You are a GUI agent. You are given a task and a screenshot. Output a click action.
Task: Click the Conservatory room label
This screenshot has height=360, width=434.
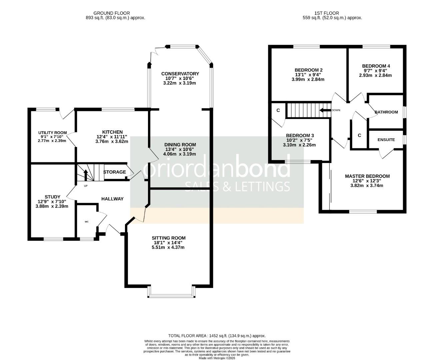point(180,74)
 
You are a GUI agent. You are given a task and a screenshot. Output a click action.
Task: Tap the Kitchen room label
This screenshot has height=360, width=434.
point(112,132)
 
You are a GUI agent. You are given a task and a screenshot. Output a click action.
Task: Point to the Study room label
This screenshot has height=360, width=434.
point(52,197)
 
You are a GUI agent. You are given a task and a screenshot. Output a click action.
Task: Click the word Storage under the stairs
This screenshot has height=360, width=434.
point(114,172)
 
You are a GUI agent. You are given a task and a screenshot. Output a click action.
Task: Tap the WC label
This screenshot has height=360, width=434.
point(87,221)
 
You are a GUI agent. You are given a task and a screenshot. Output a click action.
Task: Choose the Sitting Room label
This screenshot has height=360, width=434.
point(169,238)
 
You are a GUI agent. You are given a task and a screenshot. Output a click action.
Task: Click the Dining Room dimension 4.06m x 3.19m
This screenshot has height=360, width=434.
point(180,154)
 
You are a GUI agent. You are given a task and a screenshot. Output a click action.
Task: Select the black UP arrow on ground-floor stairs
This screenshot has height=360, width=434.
point(85,175)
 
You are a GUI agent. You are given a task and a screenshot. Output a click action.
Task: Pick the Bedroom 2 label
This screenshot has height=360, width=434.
point(308,70)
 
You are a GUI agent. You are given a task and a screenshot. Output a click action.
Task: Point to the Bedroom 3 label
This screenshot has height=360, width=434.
point(300,135)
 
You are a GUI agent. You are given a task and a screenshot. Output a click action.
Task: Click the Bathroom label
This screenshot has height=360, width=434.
point(386,112)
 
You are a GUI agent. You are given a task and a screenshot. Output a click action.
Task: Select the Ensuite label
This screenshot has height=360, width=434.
point(386,140)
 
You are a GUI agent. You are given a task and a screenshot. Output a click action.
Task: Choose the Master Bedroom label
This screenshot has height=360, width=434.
point(367,176)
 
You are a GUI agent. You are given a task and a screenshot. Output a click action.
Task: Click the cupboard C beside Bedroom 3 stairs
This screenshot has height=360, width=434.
point(278,110)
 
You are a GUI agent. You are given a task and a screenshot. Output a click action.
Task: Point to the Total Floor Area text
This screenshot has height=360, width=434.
point(217,336)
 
